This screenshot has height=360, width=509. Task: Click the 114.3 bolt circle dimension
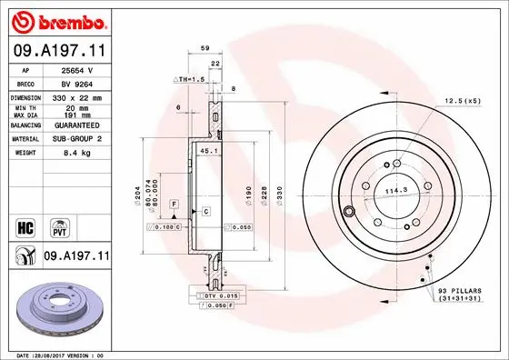click(394, 191)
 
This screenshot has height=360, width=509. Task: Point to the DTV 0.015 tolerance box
click(215, 296)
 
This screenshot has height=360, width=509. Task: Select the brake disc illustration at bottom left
click(56, 309)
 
